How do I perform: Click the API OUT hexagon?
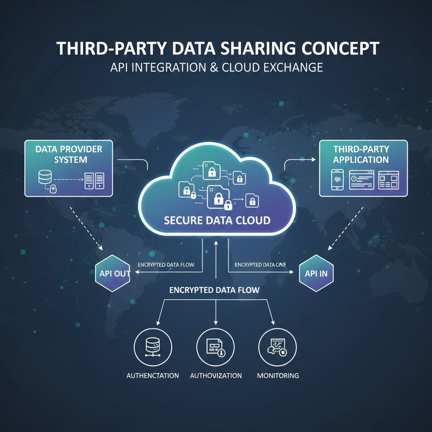[x=115, y=273]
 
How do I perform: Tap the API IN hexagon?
[x=316, y=273]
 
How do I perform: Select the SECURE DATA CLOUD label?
[x=216, y=220]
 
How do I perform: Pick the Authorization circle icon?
[x=216, y=346]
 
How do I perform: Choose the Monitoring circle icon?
[x=278, y=346]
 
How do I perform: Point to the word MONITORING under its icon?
[x=278, y=375]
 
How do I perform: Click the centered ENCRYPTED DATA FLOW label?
[x=214, y=290]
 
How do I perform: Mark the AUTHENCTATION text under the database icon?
[x=152, y=375]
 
